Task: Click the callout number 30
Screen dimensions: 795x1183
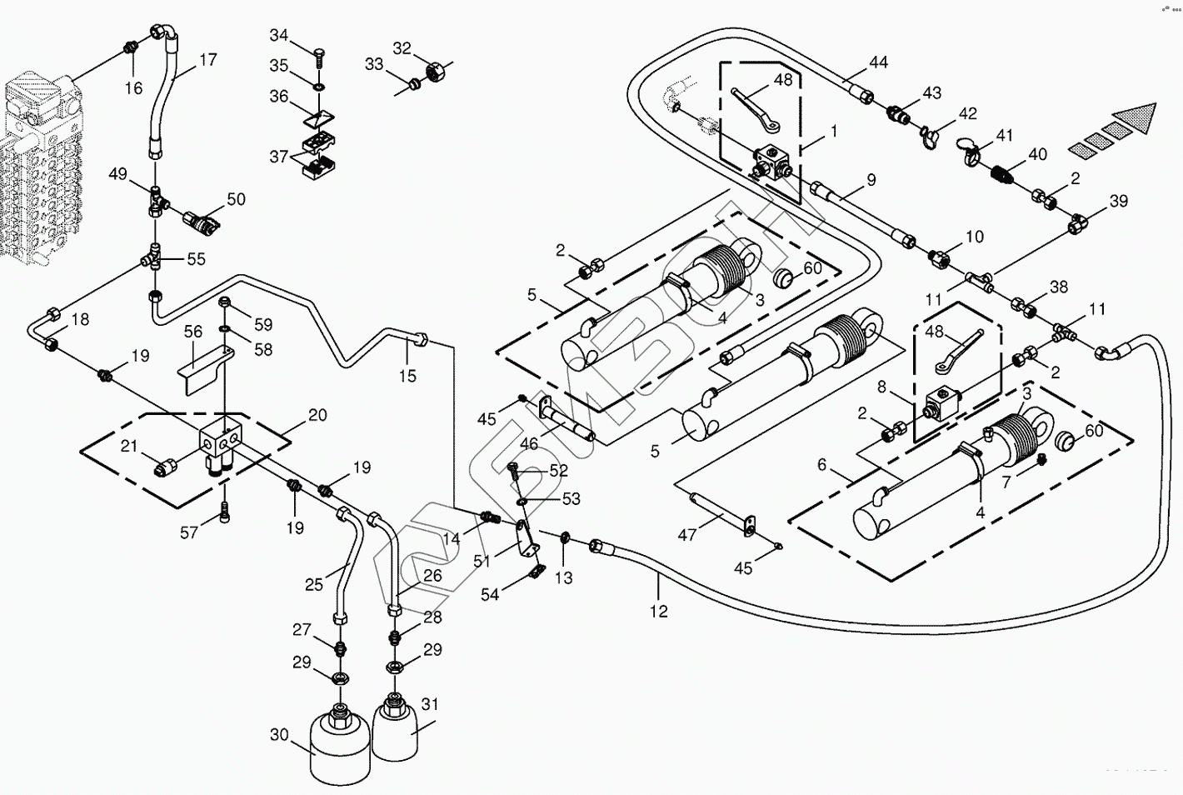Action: pyautogui.click(x=278, y=735)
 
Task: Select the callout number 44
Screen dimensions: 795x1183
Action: pyautogui.click(x=878, y=62)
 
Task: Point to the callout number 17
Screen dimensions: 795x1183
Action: pyautogui.click(x=207, y=60)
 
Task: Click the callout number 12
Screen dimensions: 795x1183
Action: pyautogui.click(x=658, y=612)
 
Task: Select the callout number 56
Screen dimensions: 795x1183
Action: pyautogui.click(x=193, y=332)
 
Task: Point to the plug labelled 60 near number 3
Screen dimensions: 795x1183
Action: pyautogui.click(x=785, y=278)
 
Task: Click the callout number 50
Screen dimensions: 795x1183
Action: pyautogui.click(x=237, y=198)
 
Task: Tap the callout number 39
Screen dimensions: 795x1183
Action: pyautogui.click(x=1118, y=201)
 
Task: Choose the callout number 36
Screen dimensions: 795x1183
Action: pyautogui.click(x=279, y=97)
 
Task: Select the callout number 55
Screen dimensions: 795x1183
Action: pyautogui.click(x=196, y=259)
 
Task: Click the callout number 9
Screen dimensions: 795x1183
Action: pyautogui.click(x=871, y=179)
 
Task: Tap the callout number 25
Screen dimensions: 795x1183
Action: pyautogui.click(x=313, y=584)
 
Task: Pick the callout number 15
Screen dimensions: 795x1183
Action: pyautogui.click(x=407, y=376)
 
